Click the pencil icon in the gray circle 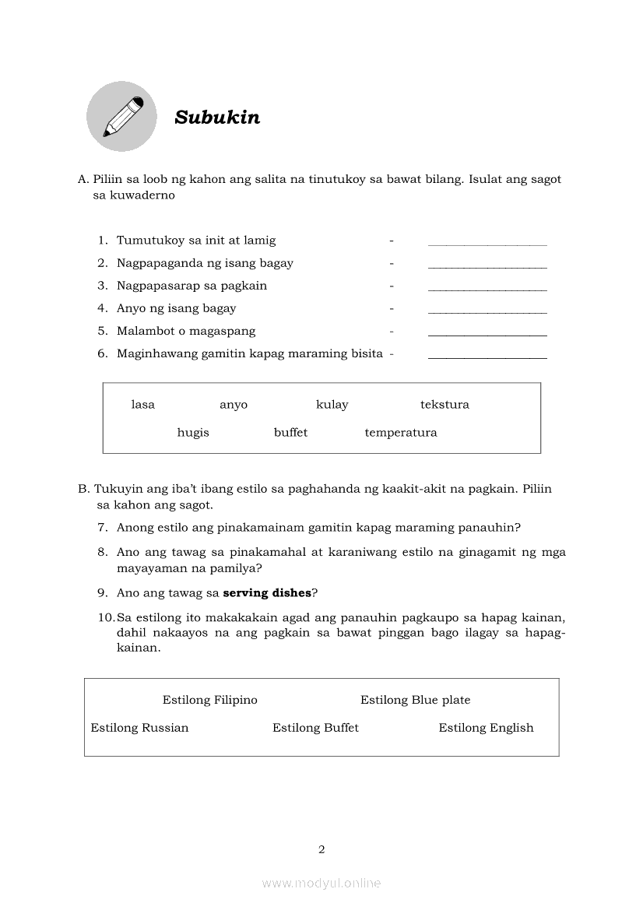tap(121, 117)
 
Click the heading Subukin tap(217, 118)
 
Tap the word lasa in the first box tap(143, 405)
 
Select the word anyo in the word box tap(234, 405)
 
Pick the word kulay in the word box tap(332, 405)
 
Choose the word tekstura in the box tap(444, 405)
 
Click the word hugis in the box tap(193, 433)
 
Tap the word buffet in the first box tap(290, 433)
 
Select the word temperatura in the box tap(401, 433)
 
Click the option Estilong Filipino tap(210, 700)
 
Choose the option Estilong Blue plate tap(416, 700)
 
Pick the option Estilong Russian tap(139, 728)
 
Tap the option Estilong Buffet tap(315, 728)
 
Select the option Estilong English tap(486, 728)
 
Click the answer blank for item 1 tap(487, 243)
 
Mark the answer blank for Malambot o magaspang tap(487, 333)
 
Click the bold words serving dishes tap(267, 593)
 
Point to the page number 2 tap(321, 849)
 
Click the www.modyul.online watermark tap(321, 884)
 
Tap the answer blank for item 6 tap(487, 356)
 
